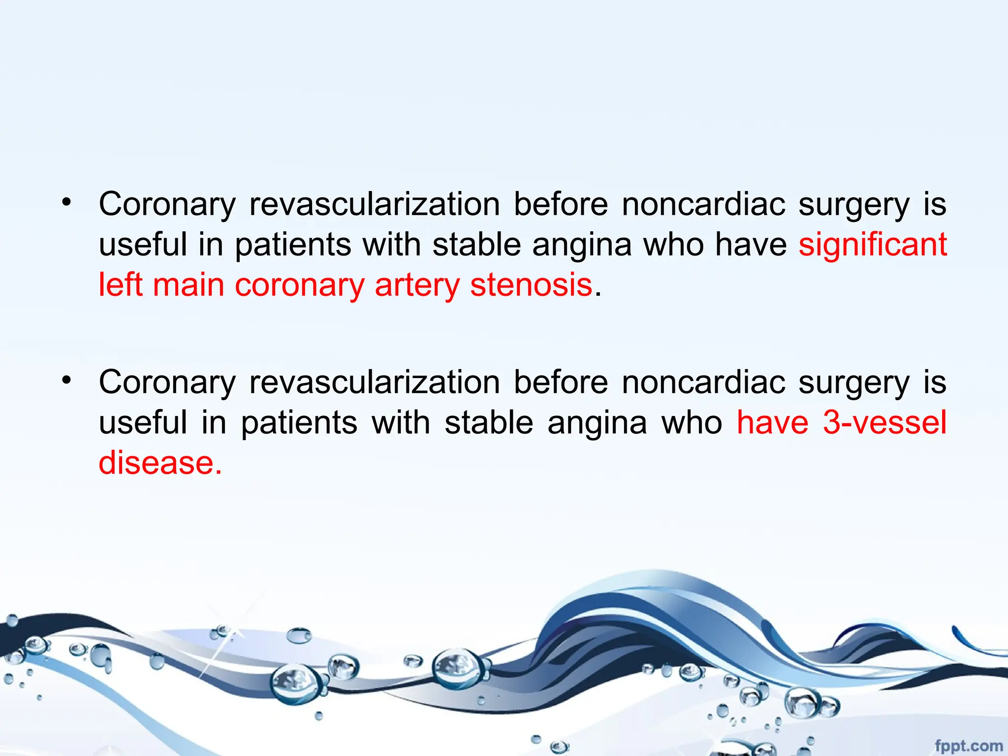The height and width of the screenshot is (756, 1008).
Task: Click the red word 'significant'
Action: tap(872, 245)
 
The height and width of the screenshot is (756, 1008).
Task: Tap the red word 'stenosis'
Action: tap(531, 285)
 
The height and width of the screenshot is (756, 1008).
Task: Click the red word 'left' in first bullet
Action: tap(120, 285)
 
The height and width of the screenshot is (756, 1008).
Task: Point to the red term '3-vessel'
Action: tap(884, 423)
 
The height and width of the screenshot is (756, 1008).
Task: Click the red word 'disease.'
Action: tap(160, 463)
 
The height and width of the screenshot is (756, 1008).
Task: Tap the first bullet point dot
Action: tap(66, 202)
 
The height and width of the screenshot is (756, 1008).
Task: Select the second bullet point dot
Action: tap(66, 380)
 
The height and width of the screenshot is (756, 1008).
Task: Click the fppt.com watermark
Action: tap(968, 746)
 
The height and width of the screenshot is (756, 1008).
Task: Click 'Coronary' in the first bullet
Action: tap(167, 205)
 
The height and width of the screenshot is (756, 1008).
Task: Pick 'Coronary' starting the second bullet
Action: tap(167, 383)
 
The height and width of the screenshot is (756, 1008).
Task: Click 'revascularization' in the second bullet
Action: tap(375, 382)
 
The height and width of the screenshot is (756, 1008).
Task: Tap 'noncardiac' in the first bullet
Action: tap(703, 204)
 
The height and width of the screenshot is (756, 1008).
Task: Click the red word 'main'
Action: tap(189, 285)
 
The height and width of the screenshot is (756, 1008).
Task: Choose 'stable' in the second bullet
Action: tap(489, 423)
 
